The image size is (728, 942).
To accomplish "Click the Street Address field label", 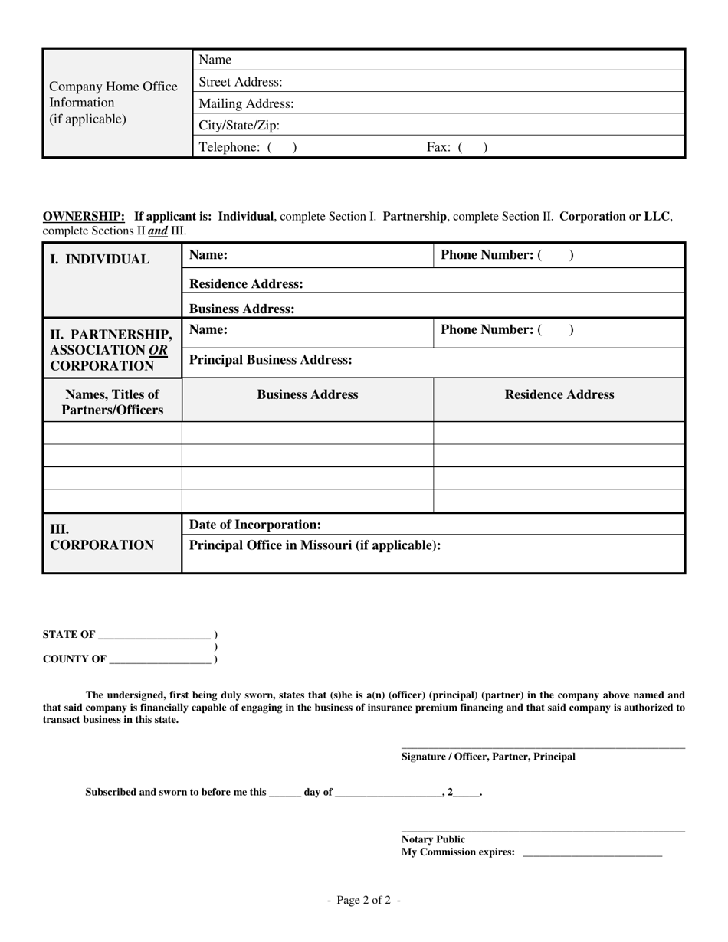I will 240,82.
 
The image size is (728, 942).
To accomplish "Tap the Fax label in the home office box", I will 438,147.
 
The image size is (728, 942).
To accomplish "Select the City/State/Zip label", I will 239,126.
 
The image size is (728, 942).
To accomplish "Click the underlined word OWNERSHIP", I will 84,217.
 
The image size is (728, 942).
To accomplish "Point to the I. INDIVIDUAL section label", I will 100,260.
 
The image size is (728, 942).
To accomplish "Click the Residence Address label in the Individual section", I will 246,284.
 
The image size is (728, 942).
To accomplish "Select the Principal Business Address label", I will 271,360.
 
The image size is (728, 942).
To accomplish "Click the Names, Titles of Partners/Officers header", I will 113,402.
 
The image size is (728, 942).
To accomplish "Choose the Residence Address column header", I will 559,395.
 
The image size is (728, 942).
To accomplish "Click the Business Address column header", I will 307,395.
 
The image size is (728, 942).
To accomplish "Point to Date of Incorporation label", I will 255,525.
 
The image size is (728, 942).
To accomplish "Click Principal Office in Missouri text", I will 315,546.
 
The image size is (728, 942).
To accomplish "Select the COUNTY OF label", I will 74,659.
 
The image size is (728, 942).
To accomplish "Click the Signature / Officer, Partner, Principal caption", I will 488,757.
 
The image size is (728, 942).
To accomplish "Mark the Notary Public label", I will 433,839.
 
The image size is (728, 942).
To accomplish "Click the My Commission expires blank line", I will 592,854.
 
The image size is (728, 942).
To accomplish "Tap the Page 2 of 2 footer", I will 363,901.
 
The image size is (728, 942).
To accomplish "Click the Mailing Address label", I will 246,104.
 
